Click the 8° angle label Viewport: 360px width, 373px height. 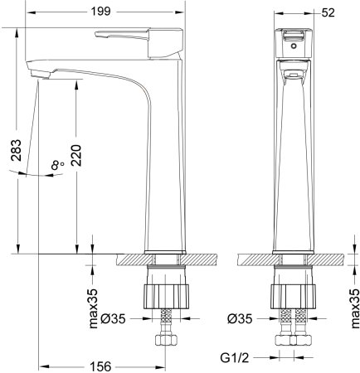57,166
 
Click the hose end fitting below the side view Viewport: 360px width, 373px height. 163,341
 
